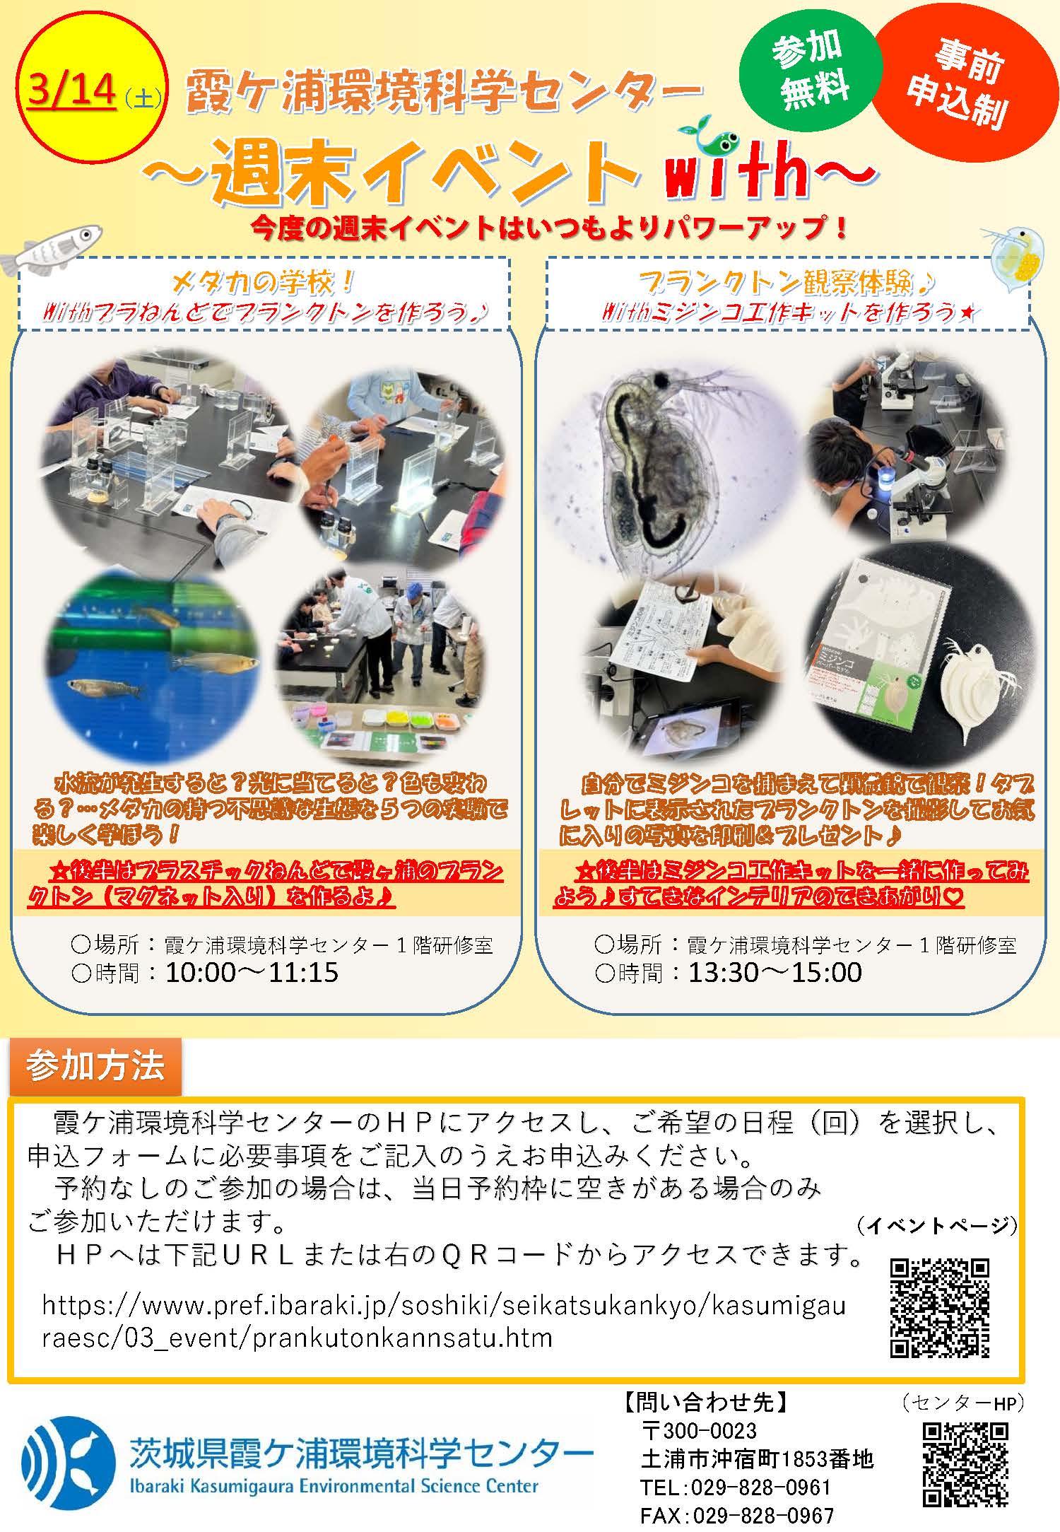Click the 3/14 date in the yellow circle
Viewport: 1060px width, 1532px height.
(71, 91)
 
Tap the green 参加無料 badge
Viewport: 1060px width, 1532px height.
(811, 73)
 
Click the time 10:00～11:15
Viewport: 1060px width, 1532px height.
(252, 973)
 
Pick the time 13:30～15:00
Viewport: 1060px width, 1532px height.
(775, 973)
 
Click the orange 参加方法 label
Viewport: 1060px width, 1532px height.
(95, 1065)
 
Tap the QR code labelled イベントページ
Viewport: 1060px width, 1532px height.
(939, 1309)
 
